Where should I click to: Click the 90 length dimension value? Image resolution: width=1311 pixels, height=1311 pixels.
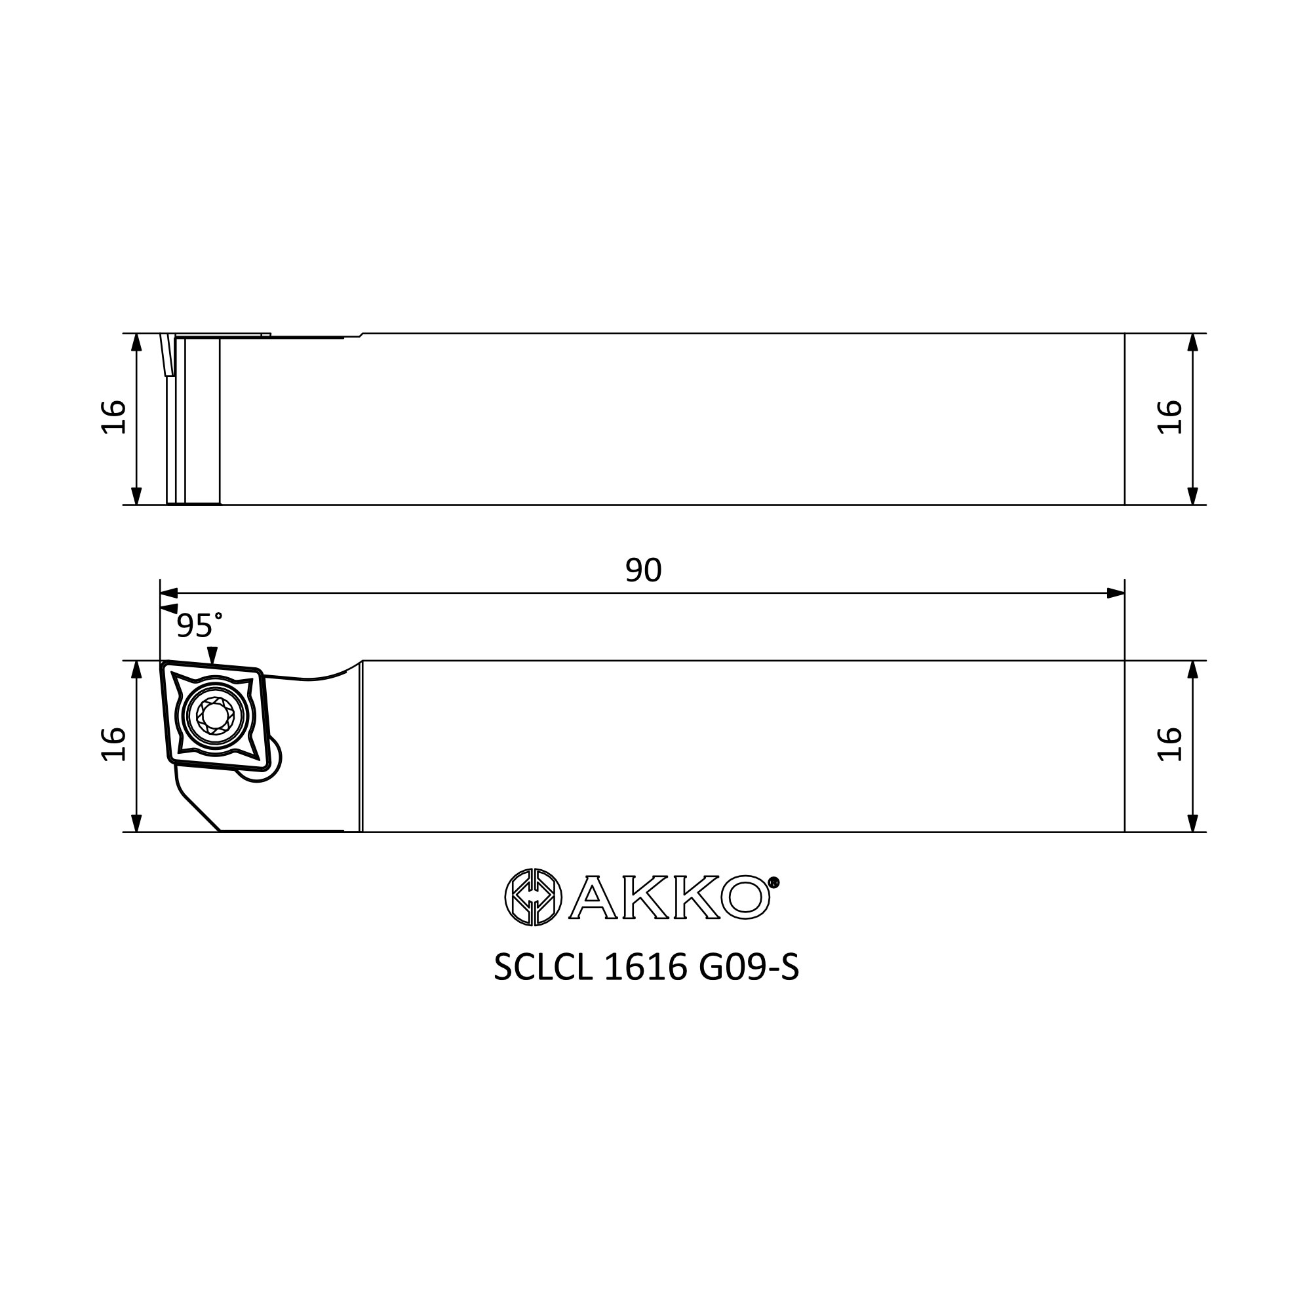[643, 571]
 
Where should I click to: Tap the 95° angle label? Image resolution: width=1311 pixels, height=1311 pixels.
[199, 625]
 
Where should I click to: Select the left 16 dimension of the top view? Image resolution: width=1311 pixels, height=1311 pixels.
[113, 417]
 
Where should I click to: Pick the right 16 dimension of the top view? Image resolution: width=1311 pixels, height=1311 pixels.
[1169, 417]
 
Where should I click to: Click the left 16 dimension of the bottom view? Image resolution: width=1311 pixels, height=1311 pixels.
[113, 745]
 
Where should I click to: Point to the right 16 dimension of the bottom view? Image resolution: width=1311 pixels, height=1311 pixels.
[1169, 745]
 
